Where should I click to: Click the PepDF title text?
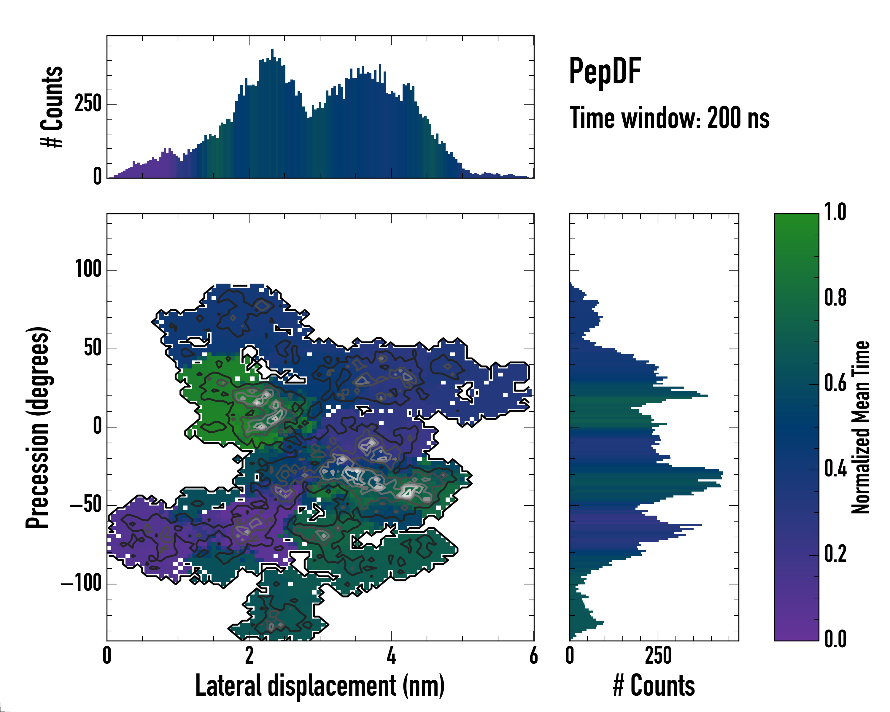click(x=605, y=71)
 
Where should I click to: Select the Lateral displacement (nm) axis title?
click(x=320, y=686)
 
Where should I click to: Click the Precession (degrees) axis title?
click(x=38, y=427)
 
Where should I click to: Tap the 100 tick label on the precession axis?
click(x=88, y=270)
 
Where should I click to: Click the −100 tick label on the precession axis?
click(x=81, y=583)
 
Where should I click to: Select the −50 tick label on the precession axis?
click(x=85, y=505)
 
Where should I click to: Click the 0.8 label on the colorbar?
click(x=835, y=298)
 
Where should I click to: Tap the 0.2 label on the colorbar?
click(x=835, y=554)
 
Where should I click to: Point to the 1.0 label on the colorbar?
click(x=835, y=213)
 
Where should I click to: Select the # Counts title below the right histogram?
click(x=654, y=686)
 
